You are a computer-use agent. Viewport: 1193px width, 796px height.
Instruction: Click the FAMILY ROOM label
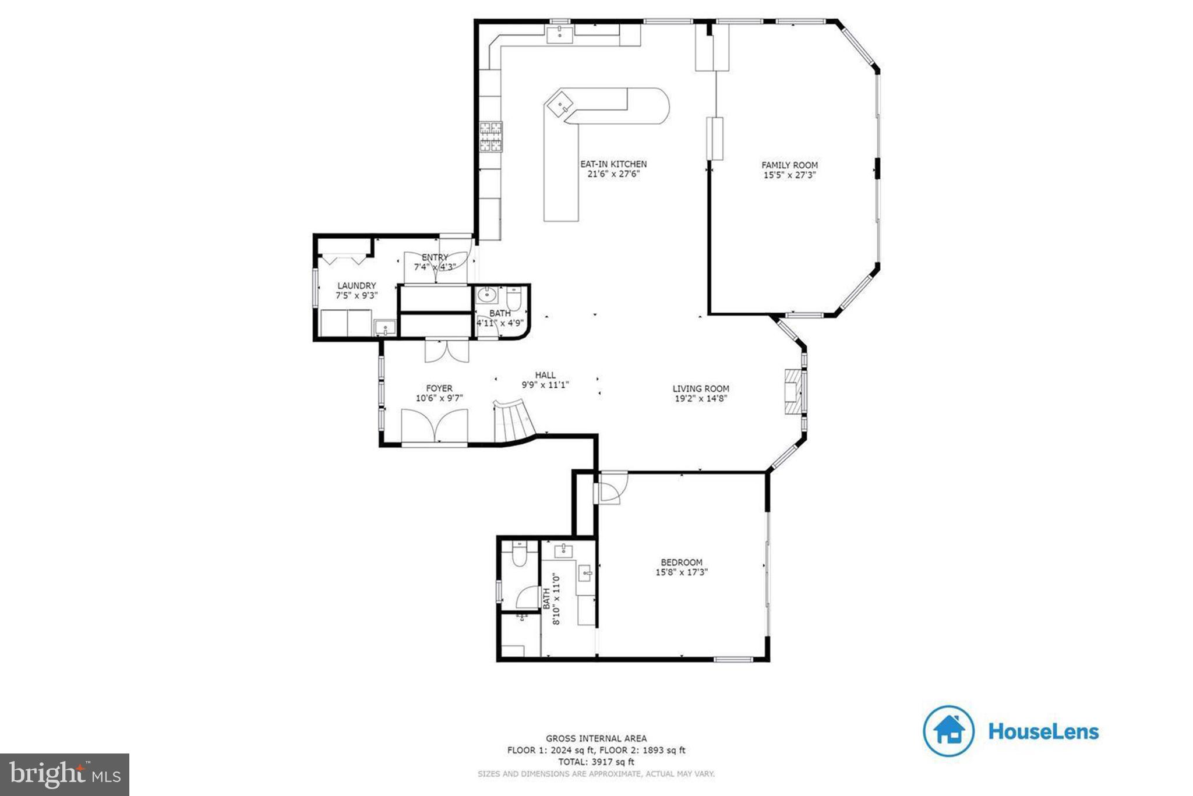pos(789,165)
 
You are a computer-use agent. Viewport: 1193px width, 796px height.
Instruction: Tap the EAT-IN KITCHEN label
pos(613,164)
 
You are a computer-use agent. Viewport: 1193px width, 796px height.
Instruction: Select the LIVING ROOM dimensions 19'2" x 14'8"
pos(701,399)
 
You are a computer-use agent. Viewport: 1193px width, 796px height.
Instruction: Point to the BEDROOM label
pos(681,562)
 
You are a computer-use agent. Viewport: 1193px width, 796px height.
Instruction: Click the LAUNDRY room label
pos(357,286)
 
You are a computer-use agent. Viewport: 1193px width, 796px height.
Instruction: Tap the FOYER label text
pos(439,388)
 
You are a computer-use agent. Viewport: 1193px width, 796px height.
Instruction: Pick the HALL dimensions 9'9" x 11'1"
pos(545,385)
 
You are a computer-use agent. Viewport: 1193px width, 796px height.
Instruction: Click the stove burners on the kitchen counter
pos(490,136)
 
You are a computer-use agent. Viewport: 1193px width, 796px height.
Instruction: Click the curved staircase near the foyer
pos(513,420)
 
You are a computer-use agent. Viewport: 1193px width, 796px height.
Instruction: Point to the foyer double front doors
pos(434,427)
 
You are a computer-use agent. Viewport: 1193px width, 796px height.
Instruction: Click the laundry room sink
pos(384,328)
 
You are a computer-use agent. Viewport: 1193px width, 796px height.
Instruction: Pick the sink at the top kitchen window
pos(560,33)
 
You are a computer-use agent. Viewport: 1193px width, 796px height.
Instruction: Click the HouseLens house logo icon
pos(948,731)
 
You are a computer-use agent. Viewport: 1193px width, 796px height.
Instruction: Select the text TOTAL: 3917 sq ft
pos(596,762)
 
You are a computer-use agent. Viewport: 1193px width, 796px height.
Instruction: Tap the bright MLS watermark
pos(64,774)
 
